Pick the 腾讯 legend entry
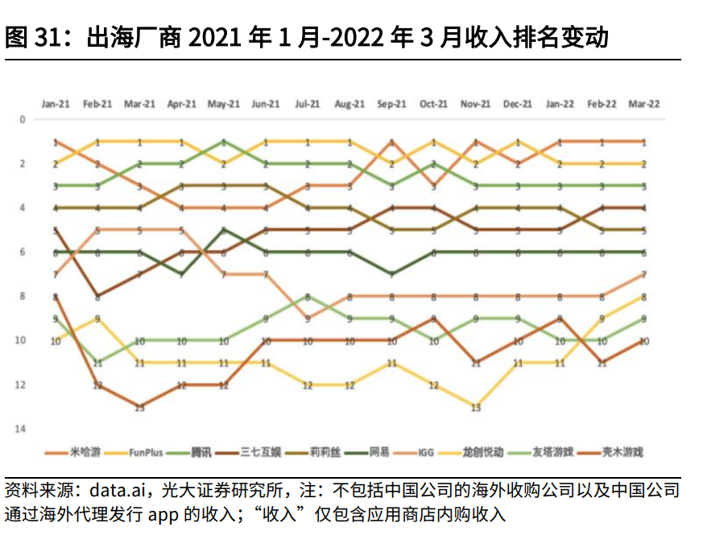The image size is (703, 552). (x=201, y=453)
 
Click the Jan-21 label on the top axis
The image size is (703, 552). (x=56, y=104)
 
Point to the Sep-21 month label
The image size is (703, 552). (x=391, y=104)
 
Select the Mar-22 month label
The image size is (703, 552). (x=643, y=104)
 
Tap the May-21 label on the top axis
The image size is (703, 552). (x=223, y=104)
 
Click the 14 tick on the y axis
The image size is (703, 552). (x=23, y=429)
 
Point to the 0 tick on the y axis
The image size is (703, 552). (x=23, y=119)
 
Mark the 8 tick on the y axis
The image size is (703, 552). (x=23, y=296)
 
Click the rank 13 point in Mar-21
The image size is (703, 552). (x=139, y=407)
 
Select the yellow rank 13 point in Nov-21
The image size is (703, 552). (x=475, y=407)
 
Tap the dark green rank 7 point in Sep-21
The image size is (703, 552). (x=391, y=275)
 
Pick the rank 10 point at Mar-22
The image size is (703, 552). (x=643, y=341)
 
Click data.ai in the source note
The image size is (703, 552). (x=114, y=491)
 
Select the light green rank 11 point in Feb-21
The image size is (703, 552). (x=97, y=363)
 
